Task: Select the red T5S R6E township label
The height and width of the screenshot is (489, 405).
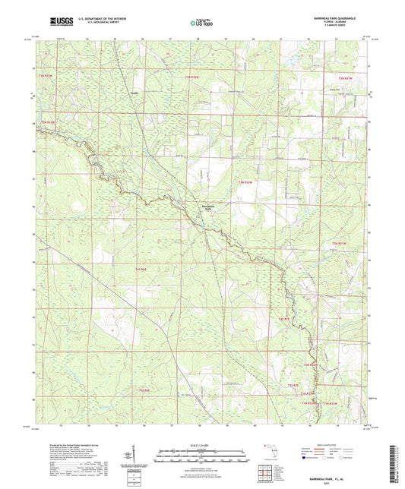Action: (x=144, y=390)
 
